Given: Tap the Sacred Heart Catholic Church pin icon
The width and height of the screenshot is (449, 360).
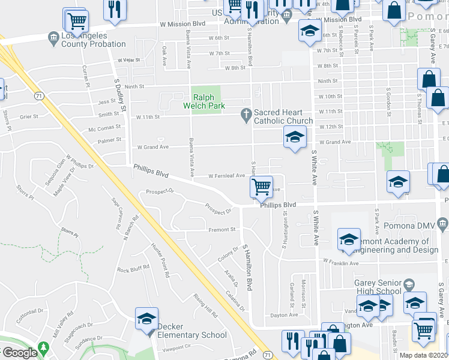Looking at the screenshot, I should (246, 113).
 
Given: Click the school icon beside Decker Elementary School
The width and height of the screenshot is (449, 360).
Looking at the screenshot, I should (146, 319).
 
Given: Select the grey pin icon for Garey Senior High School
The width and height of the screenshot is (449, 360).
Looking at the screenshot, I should (409, 284).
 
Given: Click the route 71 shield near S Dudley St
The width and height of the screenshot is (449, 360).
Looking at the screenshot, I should (38, 95).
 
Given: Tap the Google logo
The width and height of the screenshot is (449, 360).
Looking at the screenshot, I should (19, 353).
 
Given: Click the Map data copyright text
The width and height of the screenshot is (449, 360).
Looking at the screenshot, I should (424, 355).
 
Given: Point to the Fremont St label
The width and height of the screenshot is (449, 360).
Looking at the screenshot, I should (221, 229).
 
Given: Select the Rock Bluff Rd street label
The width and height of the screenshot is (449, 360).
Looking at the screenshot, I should (133, 269).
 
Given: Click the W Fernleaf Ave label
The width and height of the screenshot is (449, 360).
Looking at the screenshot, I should (226, 176).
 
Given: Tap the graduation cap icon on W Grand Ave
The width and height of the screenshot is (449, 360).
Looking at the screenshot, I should (294, 137).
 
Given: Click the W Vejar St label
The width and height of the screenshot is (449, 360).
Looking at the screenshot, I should (128, 60).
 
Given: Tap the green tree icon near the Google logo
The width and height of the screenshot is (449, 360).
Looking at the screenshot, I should (43, 347).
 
